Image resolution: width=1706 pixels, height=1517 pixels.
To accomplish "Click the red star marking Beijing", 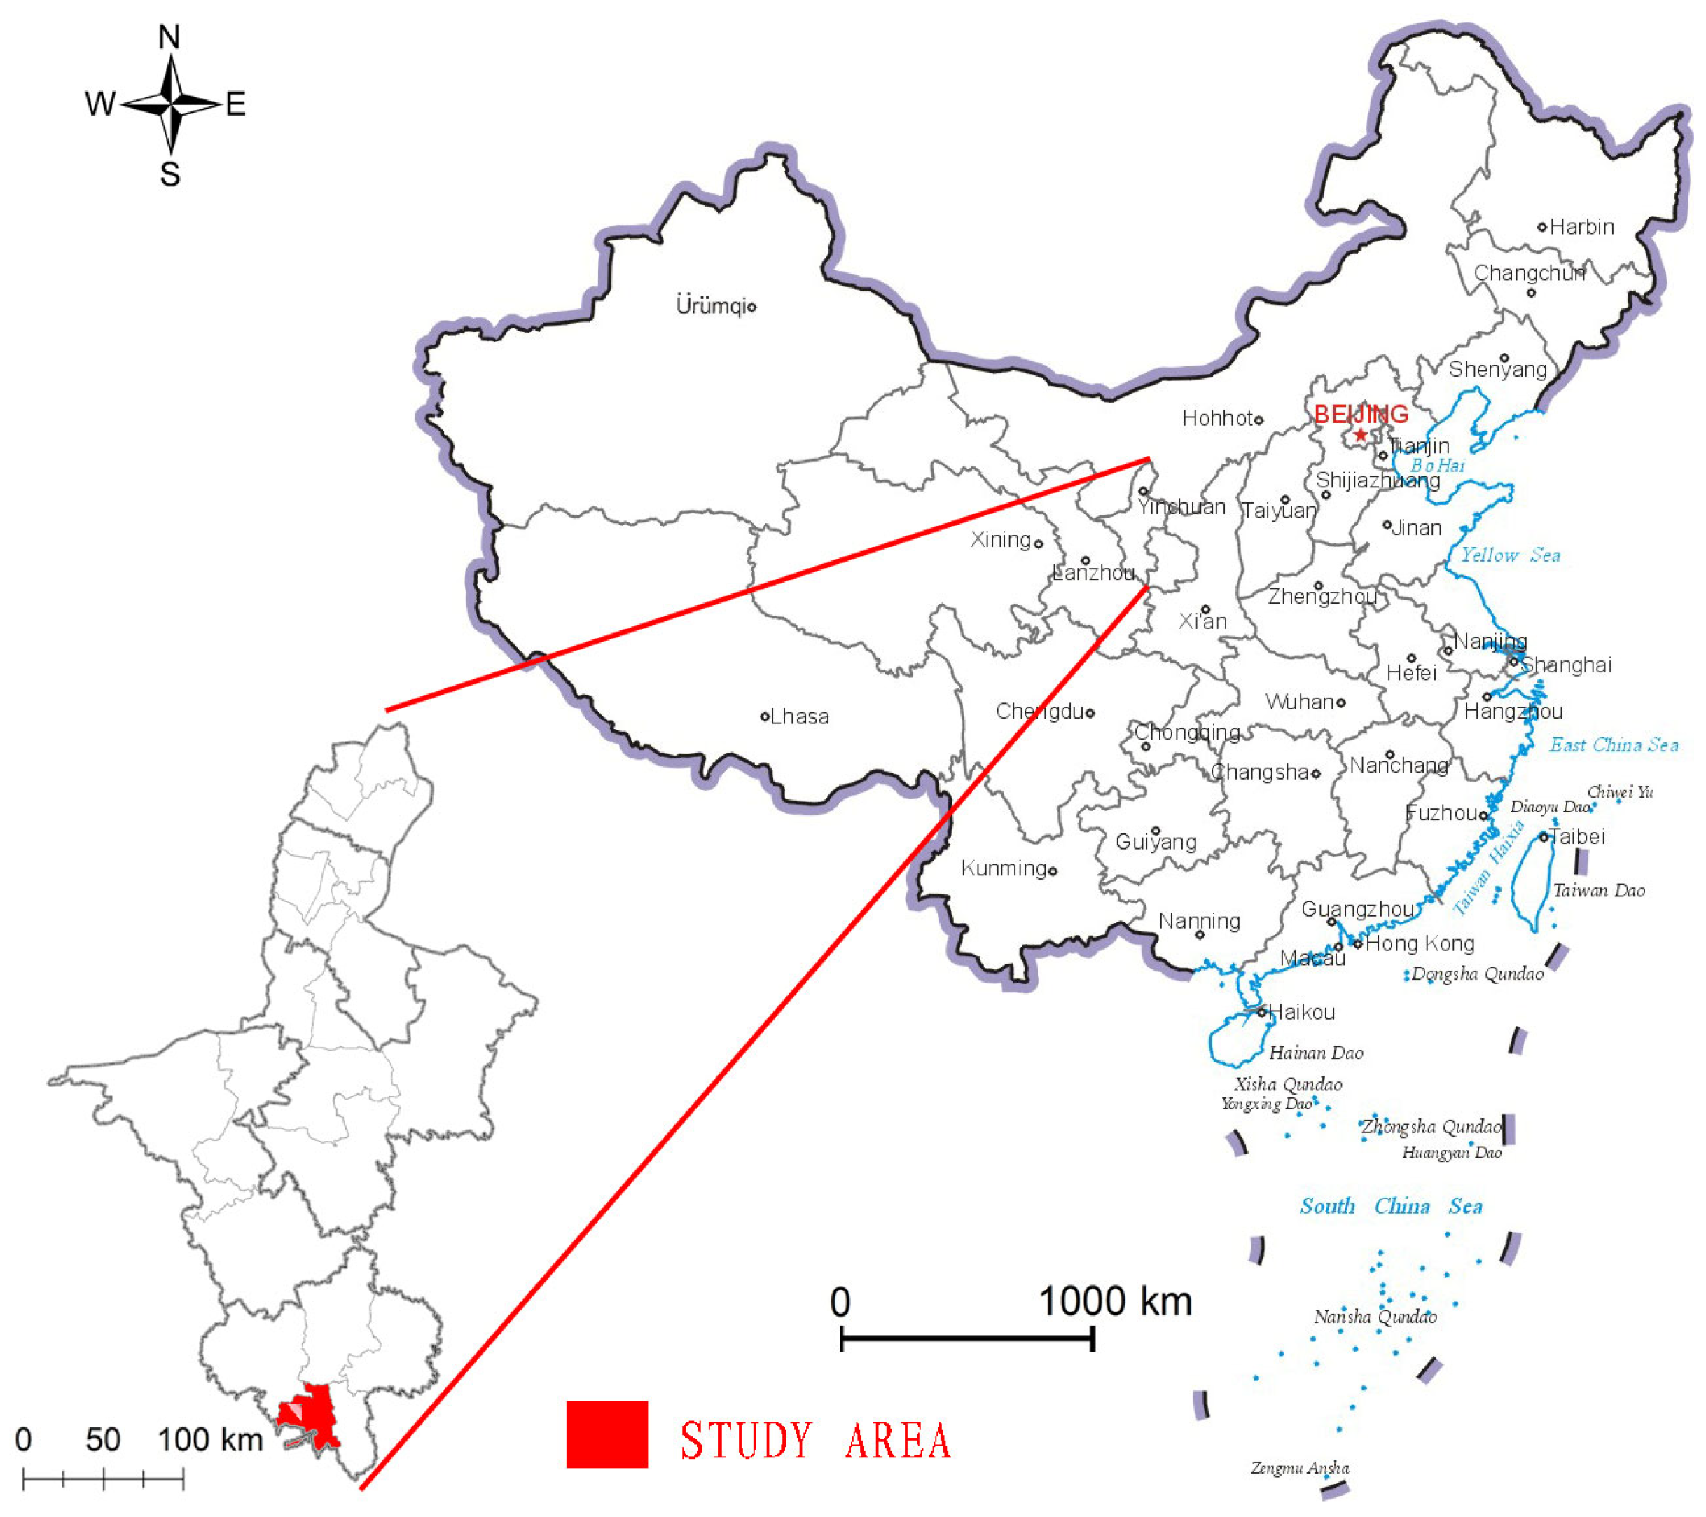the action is click(1361, 434).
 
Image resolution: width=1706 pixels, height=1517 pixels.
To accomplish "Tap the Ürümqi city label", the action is click(710, 305).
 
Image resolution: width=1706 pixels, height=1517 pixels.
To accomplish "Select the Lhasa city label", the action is click(800, 716).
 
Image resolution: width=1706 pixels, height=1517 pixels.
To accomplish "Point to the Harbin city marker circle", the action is click(1542, 227).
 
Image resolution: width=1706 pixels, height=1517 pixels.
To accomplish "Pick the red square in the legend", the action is click(606, 1434).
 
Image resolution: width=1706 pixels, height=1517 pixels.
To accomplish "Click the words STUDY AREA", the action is click(815, 1440).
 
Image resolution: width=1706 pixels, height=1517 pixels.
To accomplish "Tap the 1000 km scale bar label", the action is click(1115, 1301).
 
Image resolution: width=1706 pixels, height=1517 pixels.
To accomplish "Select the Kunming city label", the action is click(1004, 868).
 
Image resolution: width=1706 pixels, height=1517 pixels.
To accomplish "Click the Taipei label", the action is click(1577, 836).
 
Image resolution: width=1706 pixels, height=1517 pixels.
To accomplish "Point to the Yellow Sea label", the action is click(1510, 555).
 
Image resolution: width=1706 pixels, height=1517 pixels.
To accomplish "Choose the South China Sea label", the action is click(1391, 1207).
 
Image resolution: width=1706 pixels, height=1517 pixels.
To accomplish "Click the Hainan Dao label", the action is click(1316, 1053).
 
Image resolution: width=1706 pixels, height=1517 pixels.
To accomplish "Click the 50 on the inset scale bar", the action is click(103, 1439).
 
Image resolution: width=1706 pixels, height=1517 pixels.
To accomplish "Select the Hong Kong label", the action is click(1420, 943).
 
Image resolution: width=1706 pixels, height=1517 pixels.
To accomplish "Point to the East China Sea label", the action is click(1614, 744).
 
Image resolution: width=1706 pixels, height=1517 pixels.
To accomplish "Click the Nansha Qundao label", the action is click(1375, 1317).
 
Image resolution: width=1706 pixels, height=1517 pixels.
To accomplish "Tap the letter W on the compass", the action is click(100, 104).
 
